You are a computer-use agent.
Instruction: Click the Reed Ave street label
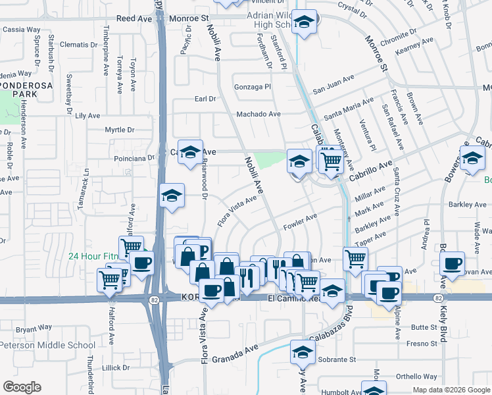(134, 19)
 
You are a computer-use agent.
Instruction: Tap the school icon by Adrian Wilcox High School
(305, 22)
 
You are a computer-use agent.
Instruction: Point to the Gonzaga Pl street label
(253, 87)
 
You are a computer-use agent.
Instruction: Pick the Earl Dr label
(205, 99)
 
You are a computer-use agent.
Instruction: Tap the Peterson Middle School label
(47, 345)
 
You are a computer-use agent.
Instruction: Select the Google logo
(22, 387)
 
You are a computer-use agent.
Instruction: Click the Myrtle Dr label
(119, 130)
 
